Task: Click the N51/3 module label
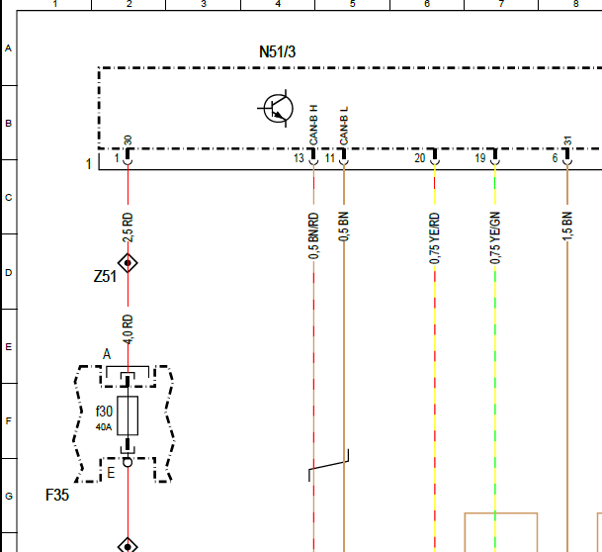(x=277, y=51)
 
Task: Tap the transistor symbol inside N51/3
(x=278, y=109)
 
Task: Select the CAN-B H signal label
(x=313, y=126)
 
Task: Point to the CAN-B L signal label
(x=344, y=126)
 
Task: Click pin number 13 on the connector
(x=299, y=158)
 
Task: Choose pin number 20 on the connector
(x=420, y=158)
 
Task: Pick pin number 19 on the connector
(x=480, y=158)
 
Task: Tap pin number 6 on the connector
(x=555, y=158)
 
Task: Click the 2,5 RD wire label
(x=128, y=228)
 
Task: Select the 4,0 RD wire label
(x=128, y=329)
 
